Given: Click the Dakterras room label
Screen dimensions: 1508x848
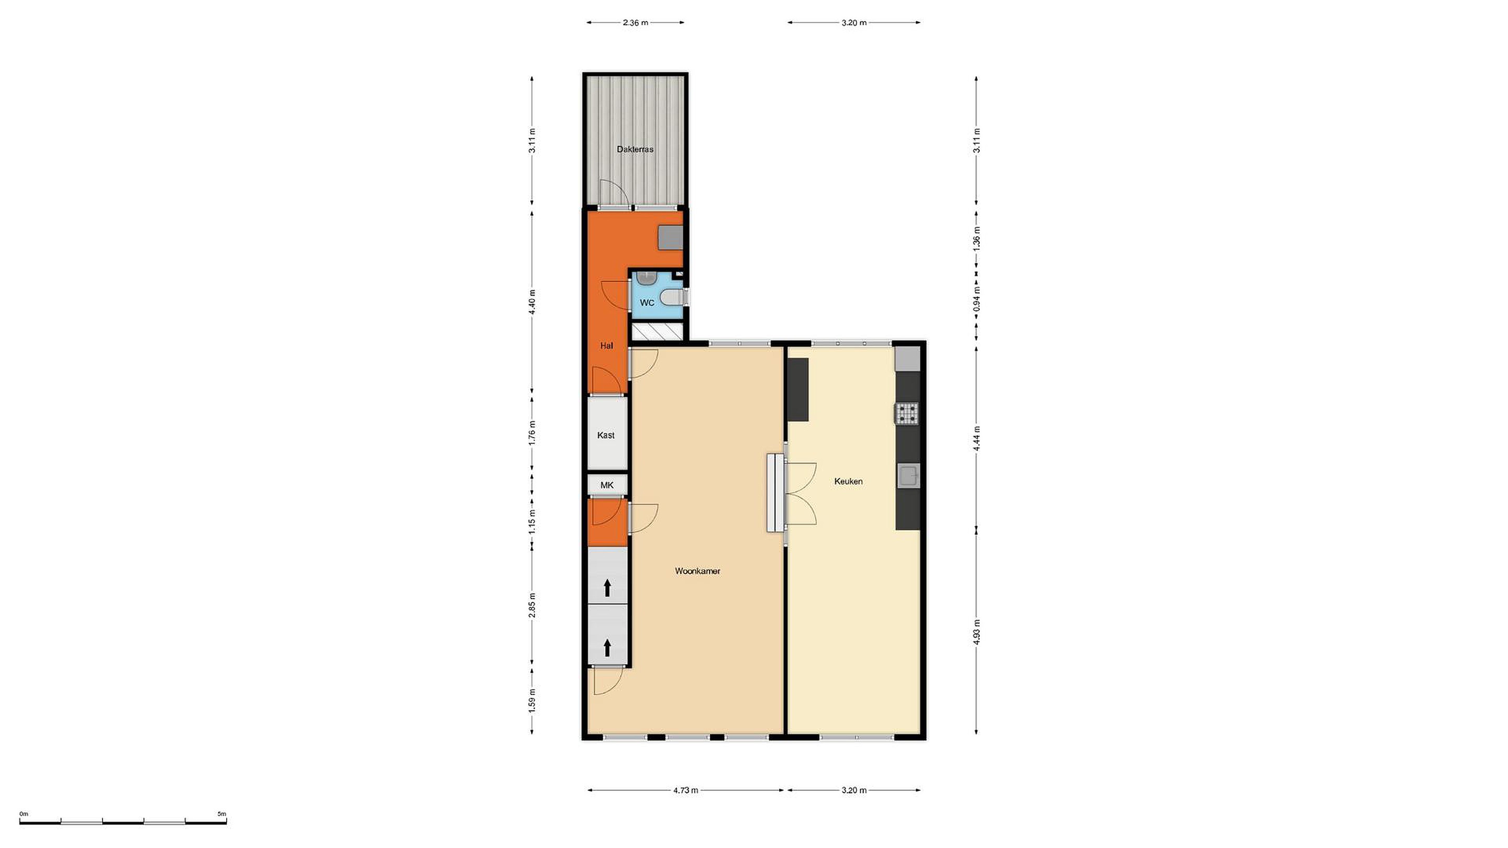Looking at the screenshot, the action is pyautogui.click(x=635, y=149).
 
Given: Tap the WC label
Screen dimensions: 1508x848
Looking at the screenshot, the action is pyautogui.click(x=647, y=303).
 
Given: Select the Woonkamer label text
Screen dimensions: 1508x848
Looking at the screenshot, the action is pyautogui.click(x=697, y=571).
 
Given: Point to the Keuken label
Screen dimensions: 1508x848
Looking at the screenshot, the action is pyautogui.click(x=848, y=481).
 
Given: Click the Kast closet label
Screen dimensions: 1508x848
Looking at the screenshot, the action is pyautogui.click(x=606, y=435).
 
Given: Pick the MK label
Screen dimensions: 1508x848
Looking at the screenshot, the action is pyautogui.click(x=607, y=485).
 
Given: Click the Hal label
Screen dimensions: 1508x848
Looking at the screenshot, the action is pyautogui.click(x=606, y=346).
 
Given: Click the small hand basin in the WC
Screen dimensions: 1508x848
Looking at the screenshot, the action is pyautogui.click(x=645, y=278).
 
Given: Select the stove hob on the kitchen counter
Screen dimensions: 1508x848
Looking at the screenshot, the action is pyautogui.click(x=907, y=413).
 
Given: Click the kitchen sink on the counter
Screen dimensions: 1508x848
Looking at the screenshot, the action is pyautogui.click(x=908, y=475).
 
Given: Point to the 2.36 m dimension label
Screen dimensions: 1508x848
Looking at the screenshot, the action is pyautogui.click(x=635, y=23).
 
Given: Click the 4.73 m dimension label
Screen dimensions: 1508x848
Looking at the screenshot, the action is pyautogui.click(x=685, y=790).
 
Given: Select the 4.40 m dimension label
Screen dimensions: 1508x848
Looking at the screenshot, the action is pyautogui.click(x=531, y=302).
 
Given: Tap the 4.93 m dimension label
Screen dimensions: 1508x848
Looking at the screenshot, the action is pyautogui.click(x=976, y=631).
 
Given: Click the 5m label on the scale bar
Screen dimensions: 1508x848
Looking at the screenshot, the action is pyautogui.click(x=222, y=813).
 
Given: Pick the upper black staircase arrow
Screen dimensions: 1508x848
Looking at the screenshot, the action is pyautogui.click(x=607, y=587).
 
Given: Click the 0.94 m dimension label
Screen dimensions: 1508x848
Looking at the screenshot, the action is pyautogui.click(x=976, y=298).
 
